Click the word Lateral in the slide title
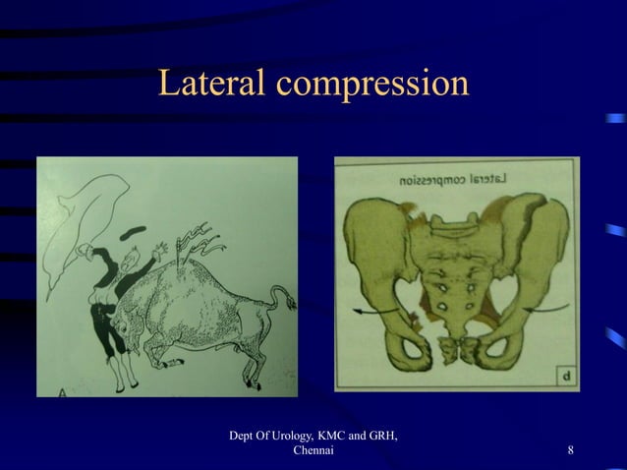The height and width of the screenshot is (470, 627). click(212, 85)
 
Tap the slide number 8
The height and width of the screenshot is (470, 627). click(571, 451)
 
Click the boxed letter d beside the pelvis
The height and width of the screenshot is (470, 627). click(568, 377)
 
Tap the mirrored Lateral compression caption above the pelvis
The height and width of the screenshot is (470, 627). click(455, 181)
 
